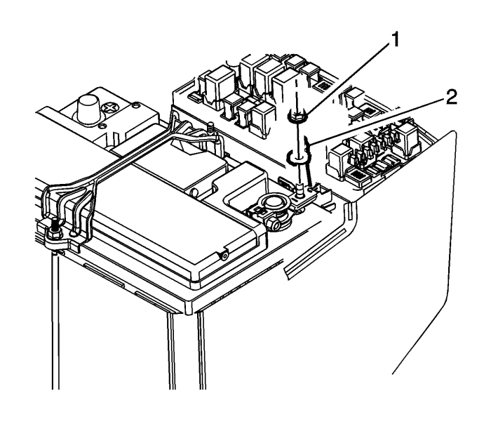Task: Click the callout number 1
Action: [x=396, y=41]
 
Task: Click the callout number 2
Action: [x=450, y=98]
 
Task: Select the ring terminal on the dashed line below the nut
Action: [x=296, y=157]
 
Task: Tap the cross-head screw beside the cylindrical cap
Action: [x=111, y=109]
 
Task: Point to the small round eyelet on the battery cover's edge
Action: [x=223, y=256]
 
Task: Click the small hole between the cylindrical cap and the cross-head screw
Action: [x=100, y=127]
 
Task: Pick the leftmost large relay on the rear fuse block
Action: [x=216, y=85]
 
